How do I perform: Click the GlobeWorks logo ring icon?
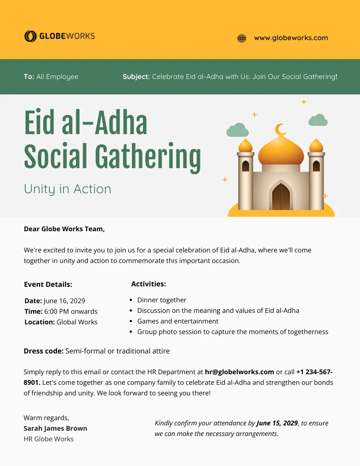[30, 36]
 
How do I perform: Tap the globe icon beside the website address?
[241, 38]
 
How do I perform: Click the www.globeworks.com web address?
[291, 38]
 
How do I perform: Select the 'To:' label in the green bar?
[29, 77]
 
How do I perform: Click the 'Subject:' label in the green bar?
[136, 77]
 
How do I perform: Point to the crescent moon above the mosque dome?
[281, 130]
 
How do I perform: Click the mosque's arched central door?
[281, 197]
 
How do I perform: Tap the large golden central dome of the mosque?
[281, 152]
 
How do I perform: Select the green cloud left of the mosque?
[237, 130]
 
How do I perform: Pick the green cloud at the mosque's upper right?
[318, 120]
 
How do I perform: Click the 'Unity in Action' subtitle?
[67, 189]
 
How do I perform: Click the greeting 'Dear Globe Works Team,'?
[64, 229]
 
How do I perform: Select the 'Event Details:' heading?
[48, 285]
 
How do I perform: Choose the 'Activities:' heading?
[149, 284]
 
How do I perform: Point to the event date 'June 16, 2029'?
[64, 301]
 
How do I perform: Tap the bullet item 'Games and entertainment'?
[178, 321]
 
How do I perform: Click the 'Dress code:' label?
[44, 351]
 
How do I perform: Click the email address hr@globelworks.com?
[240, 372]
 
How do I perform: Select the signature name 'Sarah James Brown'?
[56, 428]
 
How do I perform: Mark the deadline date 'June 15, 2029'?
[277, 423]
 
